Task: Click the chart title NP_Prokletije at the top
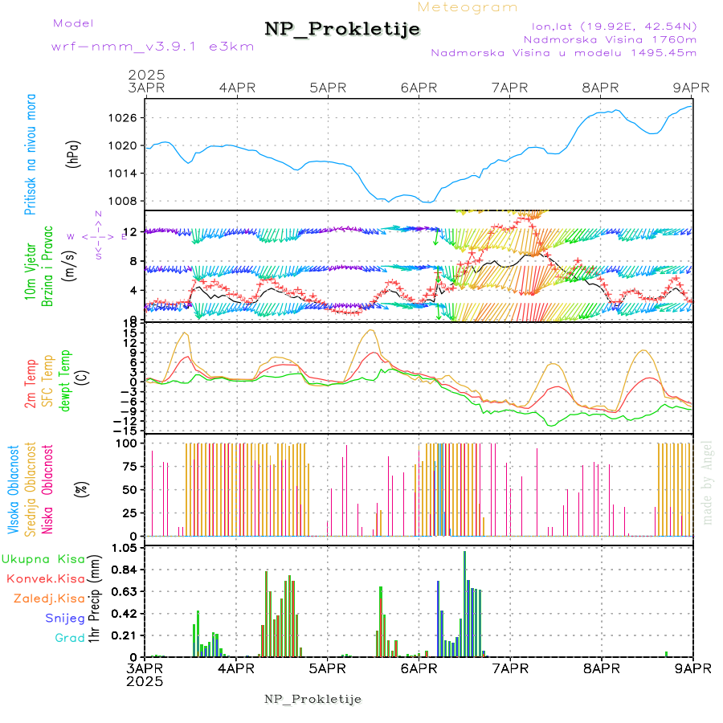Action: point(342,30)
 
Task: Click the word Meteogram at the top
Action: point(468,7)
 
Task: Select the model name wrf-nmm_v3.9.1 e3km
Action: point(153,47)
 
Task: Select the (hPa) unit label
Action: point(74,153)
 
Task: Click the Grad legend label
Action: point(69,638)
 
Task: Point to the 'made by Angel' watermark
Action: point(708,482)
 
